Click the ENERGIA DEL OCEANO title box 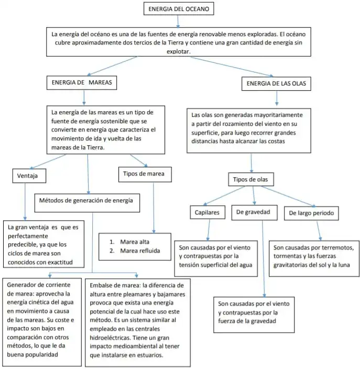click(x=178, y=9)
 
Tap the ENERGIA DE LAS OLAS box click(x=276, y=83)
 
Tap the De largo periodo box click(x=311, y=213)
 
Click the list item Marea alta click(x=135, y=242)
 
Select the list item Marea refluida click(x=139, y=251)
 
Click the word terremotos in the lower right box click(x=340, y=247)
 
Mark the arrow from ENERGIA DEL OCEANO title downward click(x=178, y=21)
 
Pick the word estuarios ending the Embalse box click(x=151, y=355)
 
